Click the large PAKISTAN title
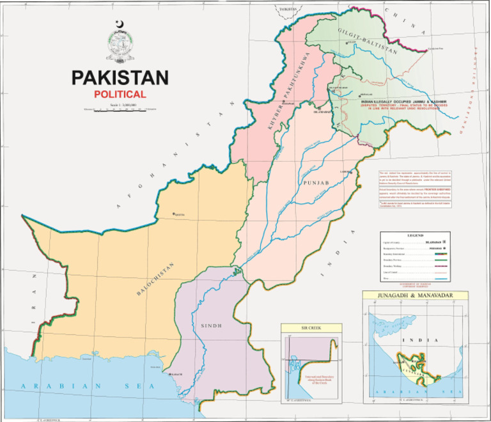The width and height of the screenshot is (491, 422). (x=120, y=77)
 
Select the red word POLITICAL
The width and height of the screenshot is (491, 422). (x=120, y=94)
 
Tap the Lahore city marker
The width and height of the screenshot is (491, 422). (x=350, y=172)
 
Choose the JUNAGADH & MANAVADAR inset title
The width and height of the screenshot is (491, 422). (x=416, y=296)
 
